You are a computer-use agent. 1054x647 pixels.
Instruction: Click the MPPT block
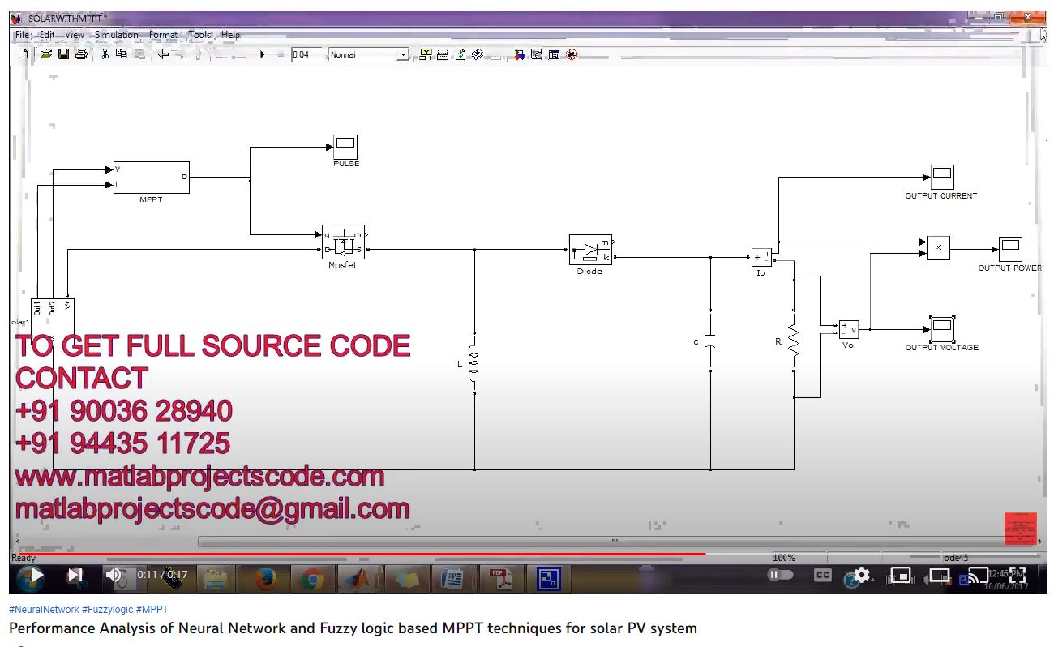tap(152, 177)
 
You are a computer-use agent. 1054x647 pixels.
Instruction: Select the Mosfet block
tap(343, 242)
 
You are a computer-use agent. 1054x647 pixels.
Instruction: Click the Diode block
tap(590, 250)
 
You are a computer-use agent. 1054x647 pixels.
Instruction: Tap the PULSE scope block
tap(346, 147)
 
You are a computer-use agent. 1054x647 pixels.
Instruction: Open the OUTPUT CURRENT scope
tap(941, 177)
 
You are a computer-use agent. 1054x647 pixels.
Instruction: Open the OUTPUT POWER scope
tap(1010, 249)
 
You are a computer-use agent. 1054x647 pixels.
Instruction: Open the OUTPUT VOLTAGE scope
tap(941, 329)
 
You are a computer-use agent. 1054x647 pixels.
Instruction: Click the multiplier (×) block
tap(938, 247)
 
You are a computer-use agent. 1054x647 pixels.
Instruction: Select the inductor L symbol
tap(474, 364)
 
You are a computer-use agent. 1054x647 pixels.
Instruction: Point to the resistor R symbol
tap(794, 342)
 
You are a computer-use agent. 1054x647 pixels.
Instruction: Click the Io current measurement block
tap(761, 258)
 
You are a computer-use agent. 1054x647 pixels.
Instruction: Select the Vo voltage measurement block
tap(848, 329)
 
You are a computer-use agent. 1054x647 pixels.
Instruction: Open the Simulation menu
tap(116, 35)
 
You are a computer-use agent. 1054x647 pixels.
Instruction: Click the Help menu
tap(231, 35)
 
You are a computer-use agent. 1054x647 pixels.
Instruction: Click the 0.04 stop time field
tap(306, 54)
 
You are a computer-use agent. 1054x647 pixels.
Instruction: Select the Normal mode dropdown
tap(369, 54)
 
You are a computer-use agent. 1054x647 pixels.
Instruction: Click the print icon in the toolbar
tap(81, 54)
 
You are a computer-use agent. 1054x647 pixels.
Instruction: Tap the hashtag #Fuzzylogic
tap(108, 609)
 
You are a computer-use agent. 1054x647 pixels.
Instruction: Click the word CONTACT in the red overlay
tap(81, 378)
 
